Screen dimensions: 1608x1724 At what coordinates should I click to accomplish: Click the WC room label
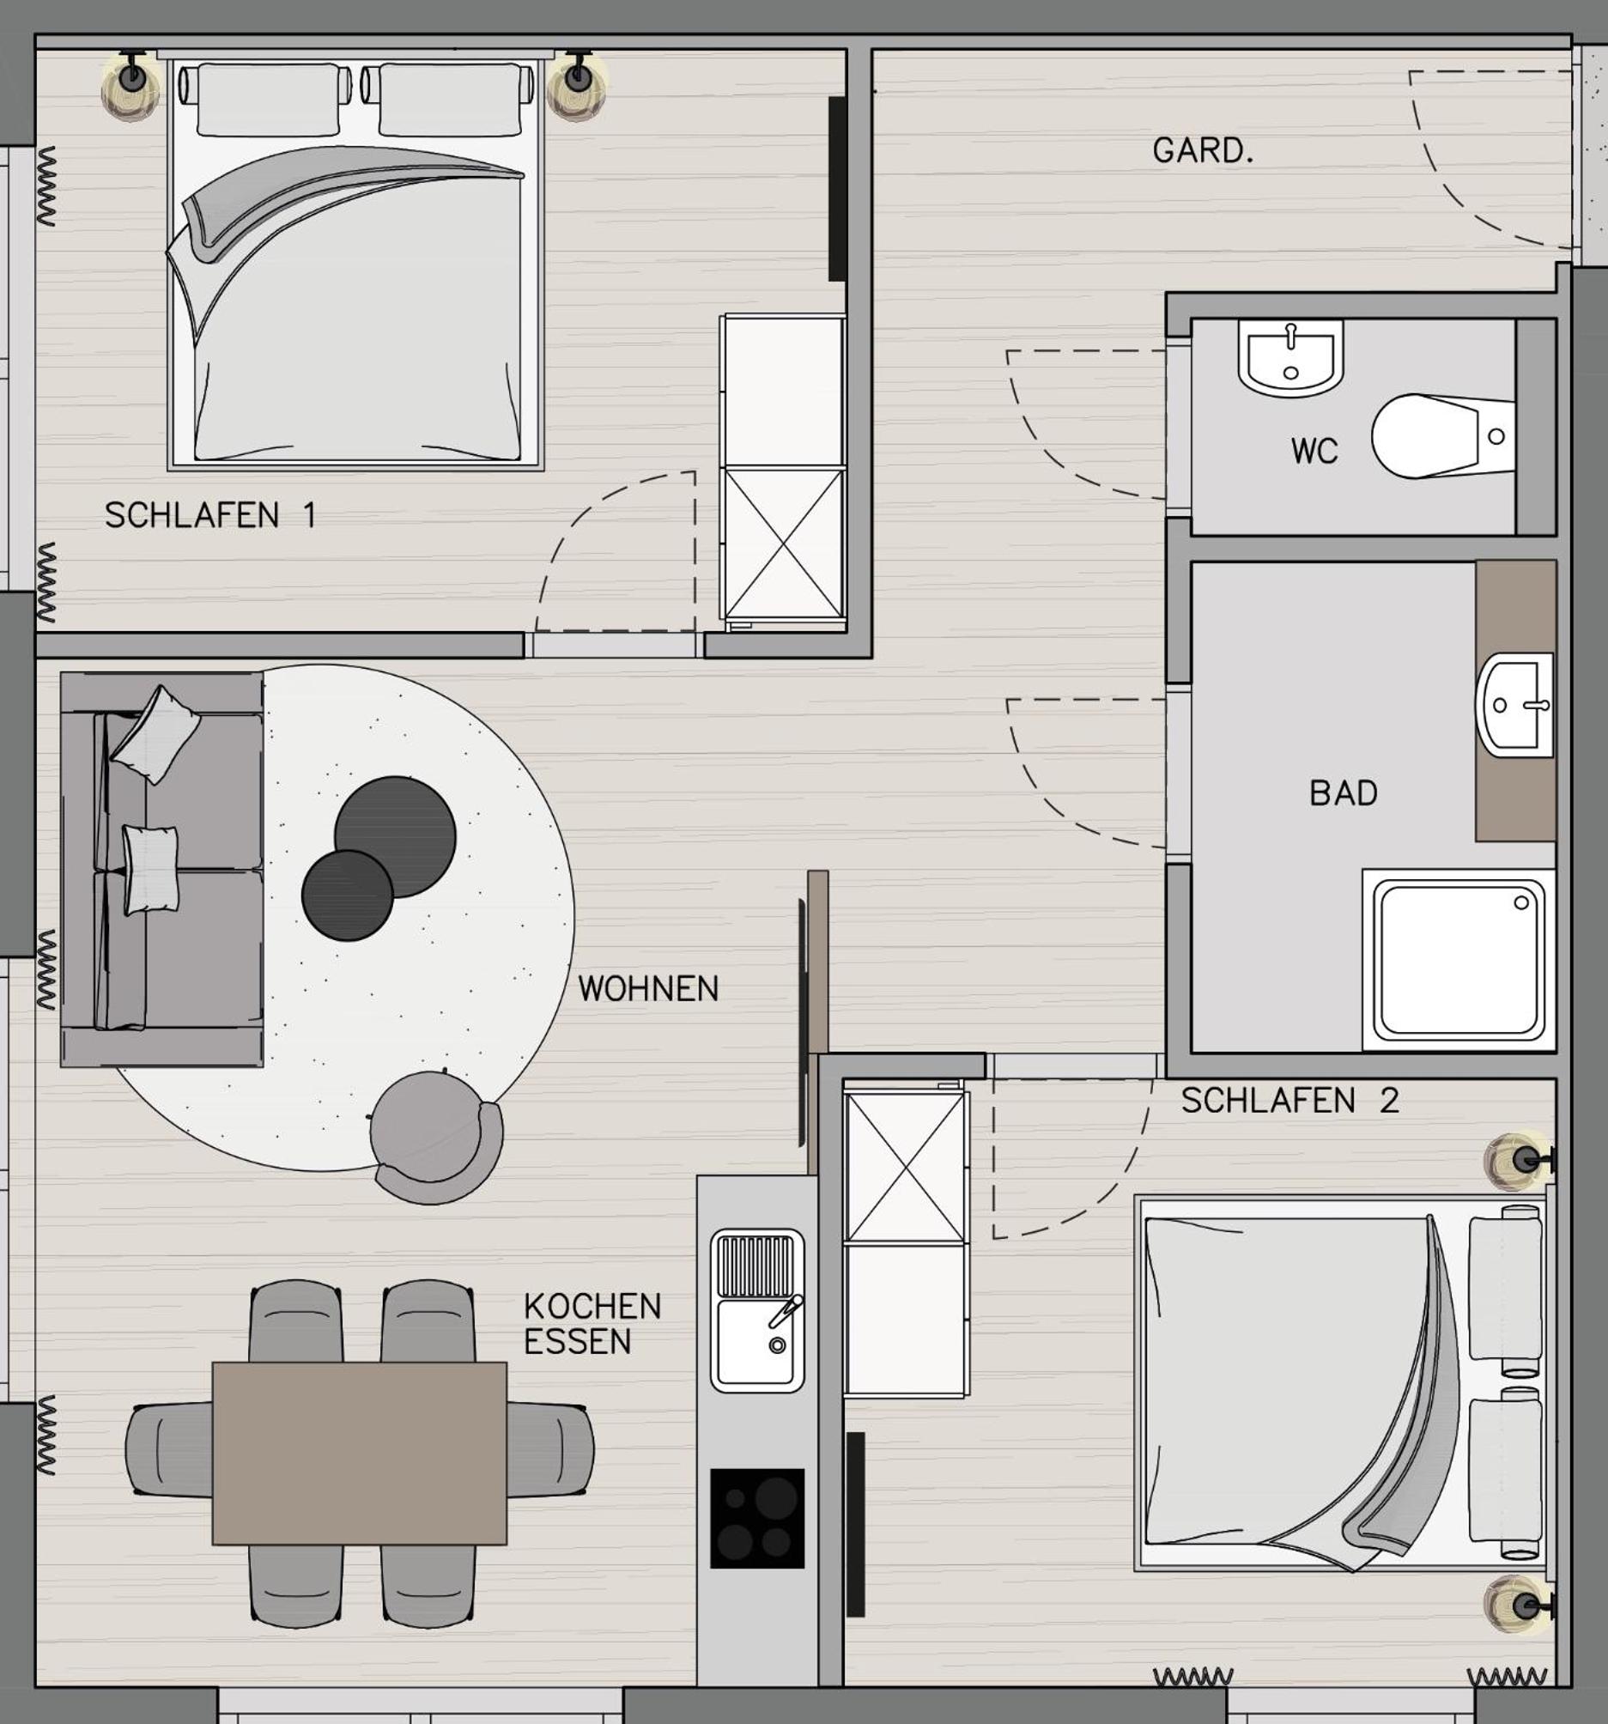click(x=1314, y=451)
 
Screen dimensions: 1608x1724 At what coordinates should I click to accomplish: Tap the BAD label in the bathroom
click(x=1343, y=792)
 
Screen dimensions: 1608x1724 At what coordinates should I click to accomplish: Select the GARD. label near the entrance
click(x=1203, y=151)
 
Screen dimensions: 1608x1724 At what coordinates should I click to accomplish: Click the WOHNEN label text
click(x=648, y=988)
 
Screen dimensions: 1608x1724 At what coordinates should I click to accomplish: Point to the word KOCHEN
click(x=592, y=1306)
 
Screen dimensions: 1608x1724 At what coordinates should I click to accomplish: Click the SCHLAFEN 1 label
click(x=209, y=515)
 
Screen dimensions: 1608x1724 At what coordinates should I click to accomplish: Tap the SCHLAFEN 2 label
click(x=1289, y=1101)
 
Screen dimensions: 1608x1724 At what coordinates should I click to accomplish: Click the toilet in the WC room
click(x=1442, y=436)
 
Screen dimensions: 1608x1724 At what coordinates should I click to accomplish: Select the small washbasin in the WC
click(x=1290, y=357)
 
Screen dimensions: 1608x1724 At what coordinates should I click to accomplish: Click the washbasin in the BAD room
click(x=1515, y=704)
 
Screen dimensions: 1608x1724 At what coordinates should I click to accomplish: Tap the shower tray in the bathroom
click(x=1459, y=960)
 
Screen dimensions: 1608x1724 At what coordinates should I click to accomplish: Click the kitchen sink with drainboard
click(x=757, y=1310)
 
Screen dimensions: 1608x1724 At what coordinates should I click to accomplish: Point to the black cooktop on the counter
click(x=757, y=1518)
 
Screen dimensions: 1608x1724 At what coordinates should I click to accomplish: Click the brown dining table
click(x=359, y=1453)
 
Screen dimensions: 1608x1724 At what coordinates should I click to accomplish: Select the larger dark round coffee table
click(x=395, y=837)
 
